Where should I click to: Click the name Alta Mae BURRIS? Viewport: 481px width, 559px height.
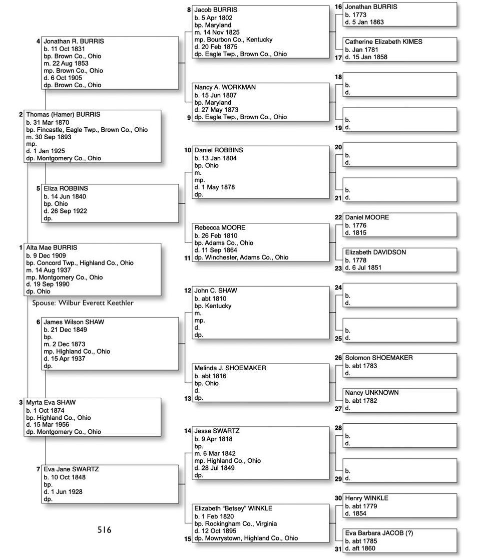click(x=52, y=248)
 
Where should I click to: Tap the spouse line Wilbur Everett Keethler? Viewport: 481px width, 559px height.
click(x=83, y=303)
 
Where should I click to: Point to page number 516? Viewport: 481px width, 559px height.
click(x=105, y=529)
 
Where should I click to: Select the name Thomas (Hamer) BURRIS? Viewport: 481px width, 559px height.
click(x=63, y=115)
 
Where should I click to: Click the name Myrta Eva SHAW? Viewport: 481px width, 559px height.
click(x=51, y=403)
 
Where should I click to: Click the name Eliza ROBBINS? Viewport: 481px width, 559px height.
click(x=66, y=189)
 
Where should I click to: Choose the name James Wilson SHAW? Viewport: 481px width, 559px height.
click(x=74, y=322)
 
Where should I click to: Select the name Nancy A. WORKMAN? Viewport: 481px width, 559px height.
click(x=225, y=88)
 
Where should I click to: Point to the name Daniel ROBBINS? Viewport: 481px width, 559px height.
click(x=219, y=150)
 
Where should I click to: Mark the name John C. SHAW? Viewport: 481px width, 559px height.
click(x=216, y=291)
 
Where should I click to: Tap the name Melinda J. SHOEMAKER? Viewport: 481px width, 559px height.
click(x=230, y=368)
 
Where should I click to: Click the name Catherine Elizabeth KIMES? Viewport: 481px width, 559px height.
click(x=383, y=42)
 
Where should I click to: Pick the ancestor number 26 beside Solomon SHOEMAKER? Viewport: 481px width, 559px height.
click(x=338, y=358)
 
